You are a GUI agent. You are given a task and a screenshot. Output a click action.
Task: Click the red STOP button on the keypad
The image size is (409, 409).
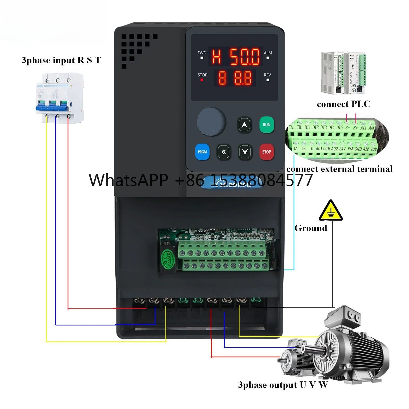[x=267, y=152]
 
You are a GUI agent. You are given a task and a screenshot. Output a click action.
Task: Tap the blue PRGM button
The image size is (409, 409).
[x=202, y=152]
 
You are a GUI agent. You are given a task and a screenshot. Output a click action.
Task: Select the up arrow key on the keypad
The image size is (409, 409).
[x=244, y=125]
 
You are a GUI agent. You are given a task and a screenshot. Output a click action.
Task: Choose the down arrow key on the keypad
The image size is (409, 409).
[x=245, y=152]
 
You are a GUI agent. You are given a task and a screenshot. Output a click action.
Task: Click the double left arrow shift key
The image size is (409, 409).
[x=224, y=152]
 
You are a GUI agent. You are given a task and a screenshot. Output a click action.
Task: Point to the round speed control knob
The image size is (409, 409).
[x=211, y=122]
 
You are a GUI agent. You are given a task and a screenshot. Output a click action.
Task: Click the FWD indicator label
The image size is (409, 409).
[x=202, y=53]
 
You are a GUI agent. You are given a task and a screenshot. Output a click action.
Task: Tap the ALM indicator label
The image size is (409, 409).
[x=268, y=53]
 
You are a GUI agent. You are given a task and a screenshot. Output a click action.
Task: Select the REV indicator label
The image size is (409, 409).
[x=267, y=75]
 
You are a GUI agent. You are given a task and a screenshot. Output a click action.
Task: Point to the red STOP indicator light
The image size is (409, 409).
[x=202, y=80]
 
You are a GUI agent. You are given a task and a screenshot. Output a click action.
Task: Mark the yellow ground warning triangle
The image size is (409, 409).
[x=331, y=211]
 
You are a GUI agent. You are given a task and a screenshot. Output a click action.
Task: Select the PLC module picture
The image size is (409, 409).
[x=344, y=73]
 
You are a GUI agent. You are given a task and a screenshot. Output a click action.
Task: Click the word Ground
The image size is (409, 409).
[x=311, y=228]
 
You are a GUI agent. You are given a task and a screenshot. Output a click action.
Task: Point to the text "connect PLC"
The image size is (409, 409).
[x=344, y=104]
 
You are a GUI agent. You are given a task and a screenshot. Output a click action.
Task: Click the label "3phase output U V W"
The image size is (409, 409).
[x=283, y=385]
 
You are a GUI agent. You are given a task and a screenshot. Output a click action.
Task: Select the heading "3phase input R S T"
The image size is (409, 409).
[x=61, y=60]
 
